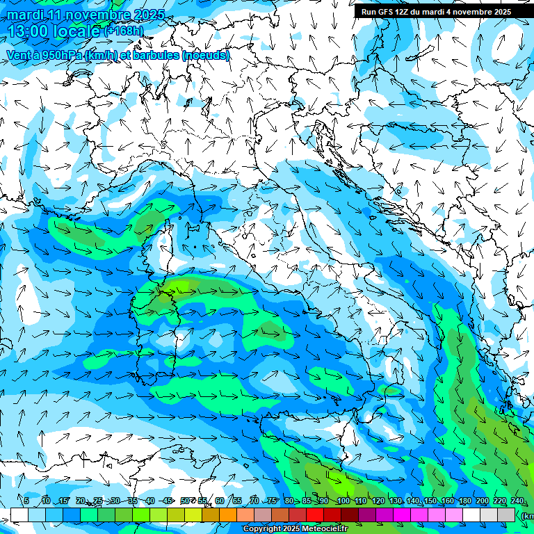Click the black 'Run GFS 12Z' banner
coord(436,12)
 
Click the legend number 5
coord(26,501)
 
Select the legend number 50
coord(185,501)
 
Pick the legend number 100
coord(343,501)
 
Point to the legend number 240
coord(517,501)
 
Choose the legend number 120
coord(378,501)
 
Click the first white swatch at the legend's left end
coord(19,515)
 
